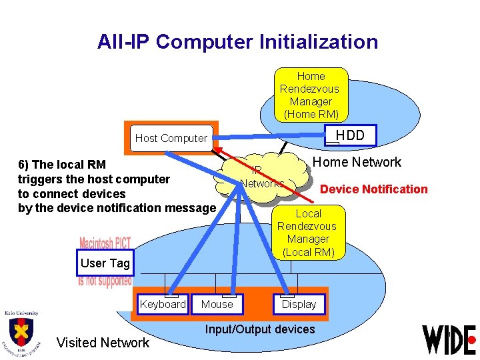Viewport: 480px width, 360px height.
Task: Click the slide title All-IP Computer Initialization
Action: (237, 42)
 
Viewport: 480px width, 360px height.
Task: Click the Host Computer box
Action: (172, 138)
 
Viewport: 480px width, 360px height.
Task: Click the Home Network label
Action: (357, 162)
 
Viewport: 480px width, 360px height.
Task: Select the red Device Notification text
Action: (373, 189)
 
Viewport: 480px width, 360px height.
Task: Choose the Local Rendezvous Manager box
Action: (308, 232)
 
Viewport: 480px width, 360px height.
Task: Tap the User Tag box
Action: (105, 263)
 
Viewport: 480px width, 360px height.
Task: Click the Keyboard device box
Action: (163, 305)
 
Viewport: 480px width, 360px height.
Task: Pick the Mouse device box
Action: (217, 305)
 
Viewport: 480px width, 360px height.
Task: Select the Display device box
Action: (299, 305)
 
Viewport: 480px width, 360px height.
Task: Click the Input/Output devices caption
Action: (260, 329)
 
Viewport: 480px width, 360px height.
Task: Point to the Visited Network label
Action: (103, 343)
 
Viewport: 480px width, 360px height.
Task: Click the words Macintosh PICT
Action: (105, 243)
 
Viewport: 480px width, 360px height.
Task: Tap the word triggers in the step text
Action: (41, 179)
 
